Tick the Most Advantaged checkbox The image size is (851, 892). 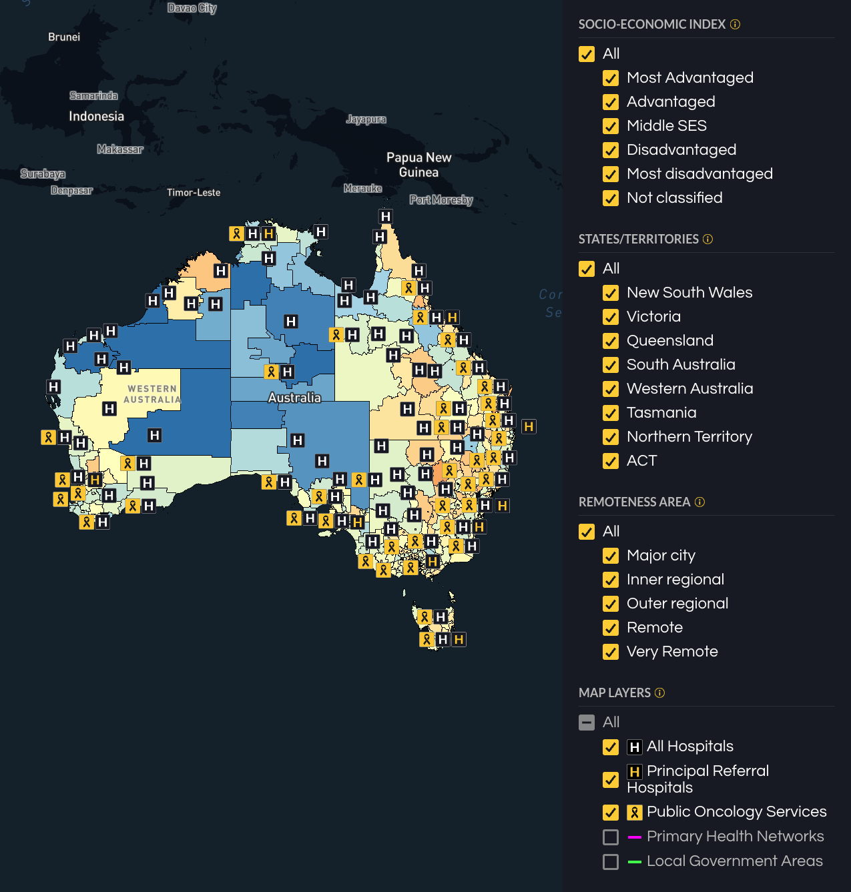click(x=610, y=78)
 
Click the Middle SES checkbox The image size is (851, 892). click(x=610, y=126)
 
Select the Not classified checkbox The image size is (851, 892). click(x=610, y=198)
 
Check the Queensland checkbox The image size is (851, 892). click(x=610, y=341)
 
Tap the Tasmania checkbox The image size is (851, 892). click(x=610, y=413)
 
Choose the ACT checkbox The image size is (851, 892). click(x=610, y=461)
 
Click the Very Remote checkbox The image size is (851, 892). click(x=610, y=652)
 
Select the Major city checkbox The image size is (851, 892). click(x=610, y=556)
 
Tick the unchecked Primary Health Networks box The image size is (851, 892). click(x=610, y=837)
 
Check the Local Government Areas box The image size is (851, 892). click(x=610, y=862)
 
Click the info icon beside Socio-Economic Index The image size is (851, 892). click(x=735, y=25)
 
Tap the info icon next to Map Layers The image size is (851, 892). click(x=659, y=693)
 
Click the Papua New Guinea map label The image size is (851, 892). click(x=418, y=165)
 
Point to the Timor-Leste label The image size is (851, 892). click(x=194, y=193)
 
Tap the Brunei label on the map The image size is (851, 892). click(x=64, y=37)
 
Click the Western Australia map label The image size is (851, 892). click(x=152, y=394)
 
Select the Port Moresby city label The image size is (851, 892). click(x=441, y=200)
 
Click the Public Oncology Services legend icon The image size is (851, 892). click(x=634, y=813)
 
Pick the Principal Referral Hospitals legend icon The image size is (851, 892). click(x=634, y=772)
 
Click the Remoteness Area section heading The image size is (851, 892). click(x=634, y=502)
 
